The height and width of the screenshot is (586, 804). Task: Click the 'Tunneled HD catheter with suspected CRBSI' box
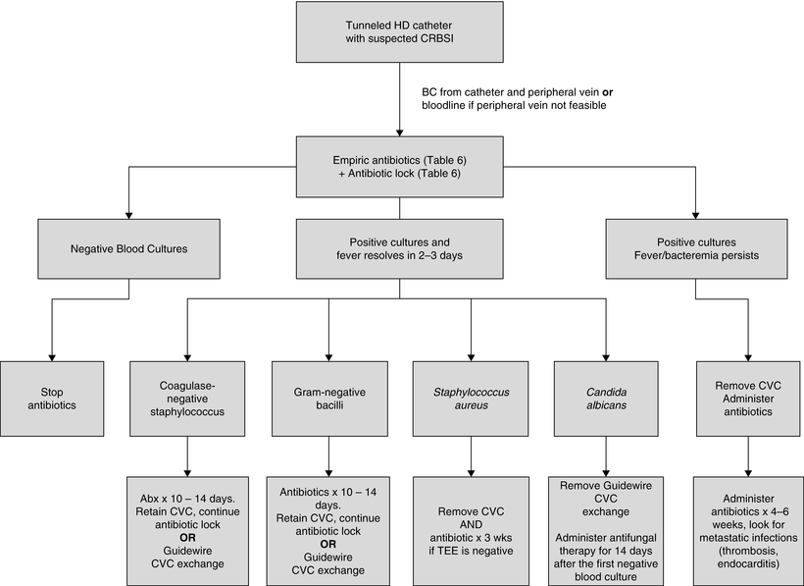click(x=401, y=35)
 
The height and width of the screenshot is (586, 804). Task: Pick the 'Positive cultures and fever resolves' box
click(x=400, y=248)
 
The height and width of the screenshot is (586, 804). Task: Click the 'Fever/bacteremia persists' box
click(x=694, y=248)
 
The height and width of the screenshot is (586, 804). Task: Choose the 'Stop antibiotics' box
click(x=50, y=398)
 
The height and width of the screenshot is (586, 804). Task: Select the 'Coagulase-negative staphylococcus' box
click(x=187, y=398)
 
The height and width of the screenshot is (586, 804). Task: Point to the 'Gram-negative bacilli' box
click(x=328, y=398)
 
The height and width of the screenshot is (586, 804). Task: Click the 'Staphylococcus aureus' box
click(x=471, y=398)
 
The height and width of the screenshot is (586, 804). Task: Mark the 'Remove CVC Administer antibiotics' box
click(x=749, y=398)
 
